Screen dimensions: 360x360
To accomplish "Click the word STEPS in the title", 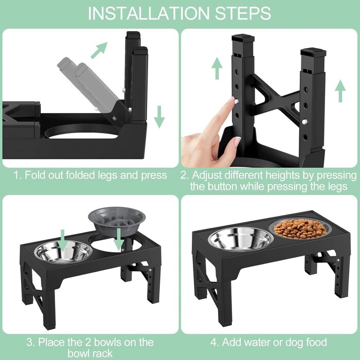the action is point(243,13).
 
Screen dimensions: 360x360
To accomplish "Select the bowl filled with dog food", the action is point(300,229).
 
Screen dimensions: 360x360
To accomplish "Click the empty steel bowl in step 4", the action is point(241,239).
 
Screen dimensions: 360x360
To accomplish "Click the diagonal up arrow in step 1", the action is point(99,50).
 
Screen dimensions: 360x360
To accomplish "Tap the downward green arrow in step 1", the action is point(159,117).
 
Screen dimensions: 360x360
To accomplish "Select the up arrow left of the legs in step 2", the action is point(217,68).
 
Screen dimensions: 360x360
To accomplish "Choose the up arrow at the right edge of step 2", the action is point(340,91).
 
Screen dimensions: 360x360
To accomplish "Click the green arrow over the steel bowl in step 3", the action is point(63,241).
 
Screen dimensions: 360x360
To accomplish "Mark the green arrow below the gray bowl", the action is point(119,239).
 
